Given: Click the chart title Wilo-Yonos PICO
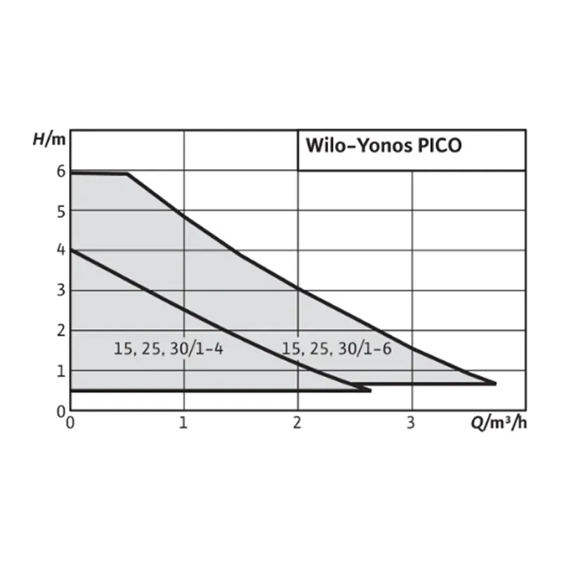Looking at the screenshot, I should pos(383,146).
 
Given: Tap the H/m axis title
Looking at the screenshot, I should pos(48,138).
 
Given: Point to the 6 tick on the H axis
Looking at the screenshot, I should pos(61,171).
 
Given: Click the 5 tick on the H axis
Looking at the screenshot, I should pos(61,211).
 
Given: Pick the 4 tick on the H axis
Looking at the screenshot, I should pos(61,250).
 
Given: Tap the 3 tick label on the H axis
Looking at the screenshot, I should pos(61,290).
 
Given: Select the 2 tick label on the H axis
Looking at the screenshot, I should pos(61,329).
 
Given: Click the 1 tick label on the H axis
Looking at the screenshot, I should pos(61,370).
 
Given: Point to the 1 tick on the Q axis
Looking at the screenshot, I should pos(184,423).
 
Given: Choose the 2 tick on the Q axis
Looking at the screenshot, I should pos(298,423).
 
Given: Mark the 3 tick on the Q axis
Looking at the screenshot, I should pos(412,423).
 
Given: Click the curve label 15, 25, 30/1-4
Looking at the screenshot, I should pos(168,348).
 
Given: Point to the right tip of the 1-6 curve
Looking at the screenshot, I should pos(495,384).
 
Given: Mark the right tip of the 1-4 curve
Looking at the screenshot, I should pos(370,389).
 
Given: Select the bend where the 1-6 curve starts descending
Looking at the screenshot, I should pos(128,174).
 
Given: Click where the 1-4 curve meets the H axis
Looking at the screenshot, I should pos(71,249).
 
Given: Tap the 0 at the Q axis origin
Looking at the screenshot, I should pos(70,423).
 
